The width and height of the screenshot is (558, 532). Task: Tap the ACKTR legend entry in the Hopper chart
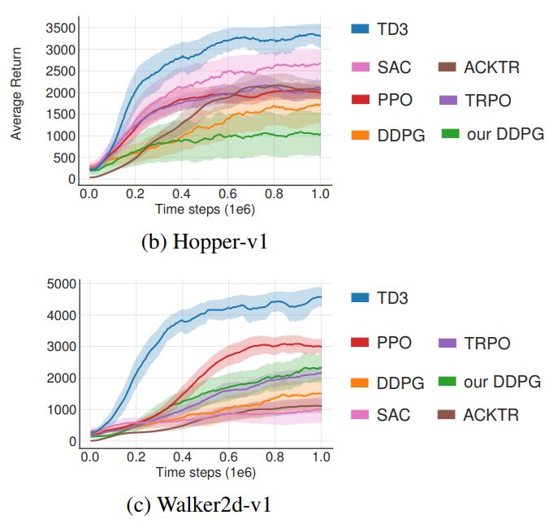click(x=490, y=67)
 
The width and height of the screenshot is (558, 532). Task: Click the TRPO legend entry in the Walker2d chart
click(x=486, y=344)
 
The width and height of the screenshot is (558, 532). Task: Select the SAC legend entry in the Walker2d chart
click(x=392, y=415)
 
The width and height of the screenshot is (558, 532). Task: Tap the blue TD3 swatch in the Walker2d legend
click(x=361, y=298)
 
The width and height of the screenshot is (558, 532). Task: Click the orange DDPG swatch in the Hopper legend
click(x=361, y=135)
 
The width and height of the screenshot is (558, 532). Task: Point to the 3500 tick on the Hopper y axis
click(x=63, y=28)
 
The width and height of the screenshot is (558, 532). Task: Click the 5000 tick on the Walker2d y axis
click(x=63, y=283)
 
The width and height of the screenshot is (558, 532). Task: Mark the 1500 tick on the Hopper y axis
click(x=63, y=115)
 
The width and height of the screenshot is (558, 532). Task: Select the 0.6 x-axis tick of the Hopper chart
click(x=227, y=195)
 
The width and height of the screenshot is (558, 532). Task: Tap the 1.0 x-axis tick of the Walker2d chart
click(x=321, y=457)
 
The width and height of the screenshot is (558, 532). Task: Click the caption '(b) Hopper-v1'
click(x=204, y=242)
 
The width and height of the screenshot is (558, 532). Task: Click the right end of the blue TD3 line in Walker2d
click(x=321, y=297)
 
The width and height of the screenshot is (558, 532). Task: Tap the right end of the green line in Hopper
click(x=321, y=134)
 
